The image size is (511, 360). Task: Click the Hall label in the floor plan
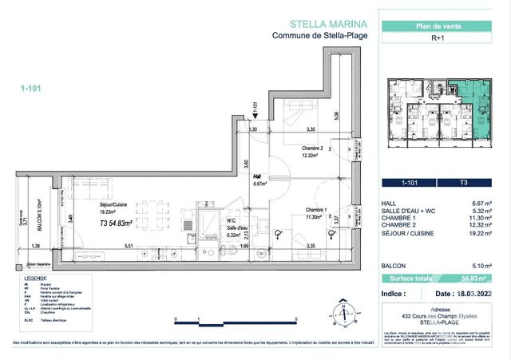[x=258, y=180]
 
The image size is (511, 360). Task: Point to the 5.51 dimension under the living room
[x=128, y=247]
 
